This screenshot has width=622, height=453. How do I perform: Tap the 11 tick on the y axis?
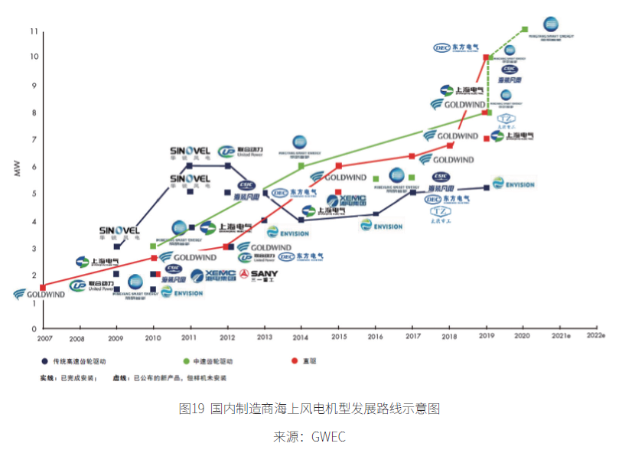pos(33,31)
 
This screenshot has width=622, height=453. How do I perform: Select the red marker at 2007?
pos(42,288)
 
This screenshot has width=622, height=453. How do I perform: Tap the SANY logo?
pos(258,274)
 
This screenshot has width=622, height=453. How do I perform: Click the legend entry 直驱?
pos(306,360)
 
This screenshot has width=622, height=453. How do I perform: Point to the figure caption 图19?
pos(191,409)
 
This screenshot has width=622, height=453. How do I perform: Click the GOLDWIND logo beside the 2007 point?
pos(40,295)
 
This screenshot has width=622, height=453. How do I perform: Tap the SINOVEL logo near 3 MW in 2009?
pos(119,231)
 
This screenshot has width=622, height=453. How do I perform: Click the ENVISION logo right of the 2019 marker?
pos(513,184)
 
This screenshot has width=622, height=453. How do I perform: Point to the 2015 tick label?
pos(338,337)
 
